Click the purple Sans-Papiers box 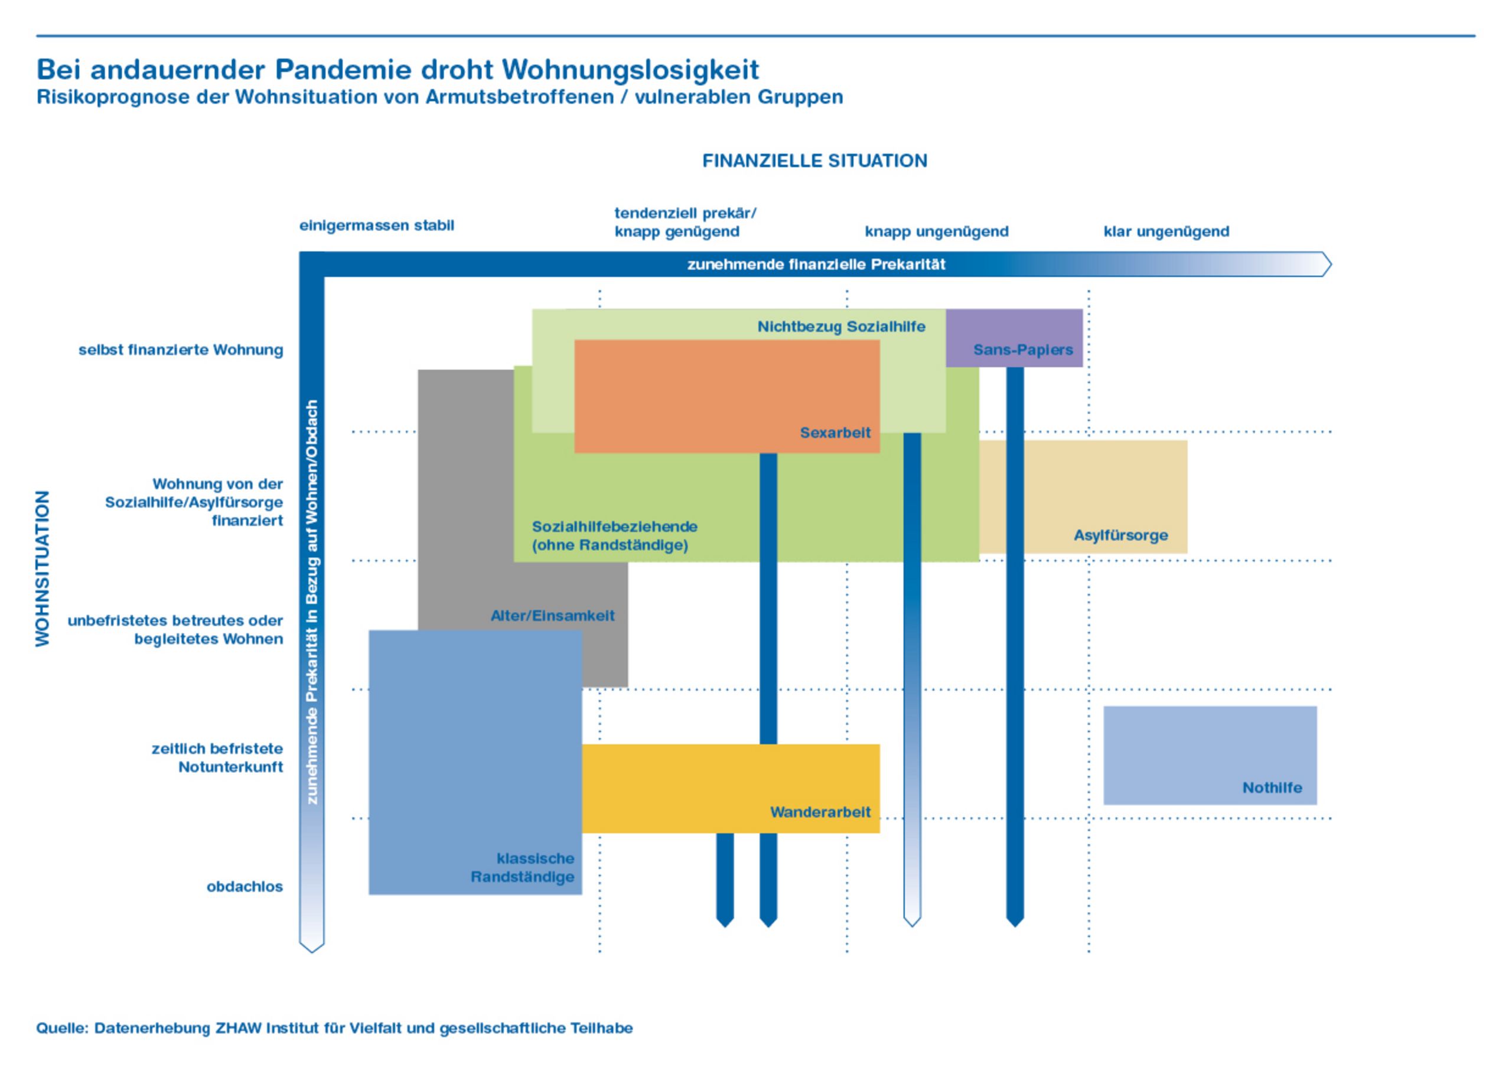tap(1014, 337)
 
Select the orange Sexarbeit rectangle tap(727, 396)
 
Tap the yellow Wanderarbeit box tap(731, 788)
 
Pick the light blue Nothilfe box tap(1210, 755)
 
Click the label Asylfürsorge tap(1121, 535)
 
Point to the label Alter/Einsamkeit tap(552, 616)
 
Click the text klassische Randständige tap(522, 868)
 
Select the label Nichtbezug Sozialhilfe tap(841, 327)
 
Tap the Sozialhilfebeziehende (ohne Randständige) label tap(614, 536)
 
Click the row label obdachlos tap(245, 887)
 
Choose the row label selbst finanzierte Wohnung tap(181, 350)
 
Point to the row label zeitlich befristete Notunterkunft tap(217, 757)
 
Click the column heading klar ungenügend tap(1166, 231)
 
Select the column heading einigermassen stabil tap(377, 225)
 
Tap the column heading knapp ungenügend tap(937, 231)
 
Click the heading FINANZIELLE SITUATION tap(814, 161)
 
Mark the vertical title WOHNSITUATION tap(42, 568)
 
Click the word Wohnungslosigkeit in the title tap(630, 70)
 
